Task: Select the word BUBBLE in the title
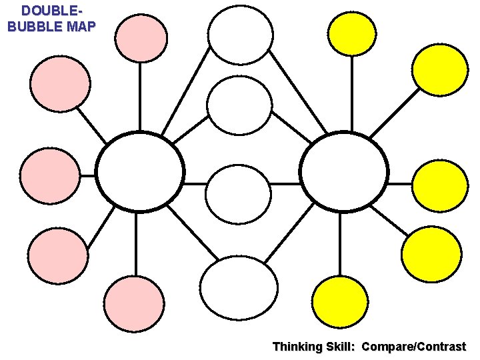coord(34,27)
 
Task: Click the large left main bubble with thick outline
coord(140,172)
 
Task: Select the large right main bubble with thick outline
coord(344,172)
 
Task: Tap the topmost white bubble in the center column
coord(240,35)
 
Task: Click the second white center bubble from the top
coord(239,105)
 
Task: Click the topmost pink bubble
coord(141,37)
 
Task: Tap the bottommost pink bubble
coord(134,304)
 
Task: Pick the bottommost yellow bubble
coord(341,302)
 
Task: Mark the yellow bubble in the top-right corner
coord(440,69)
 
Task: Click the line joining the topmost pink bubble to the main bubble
coord(140,97)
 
